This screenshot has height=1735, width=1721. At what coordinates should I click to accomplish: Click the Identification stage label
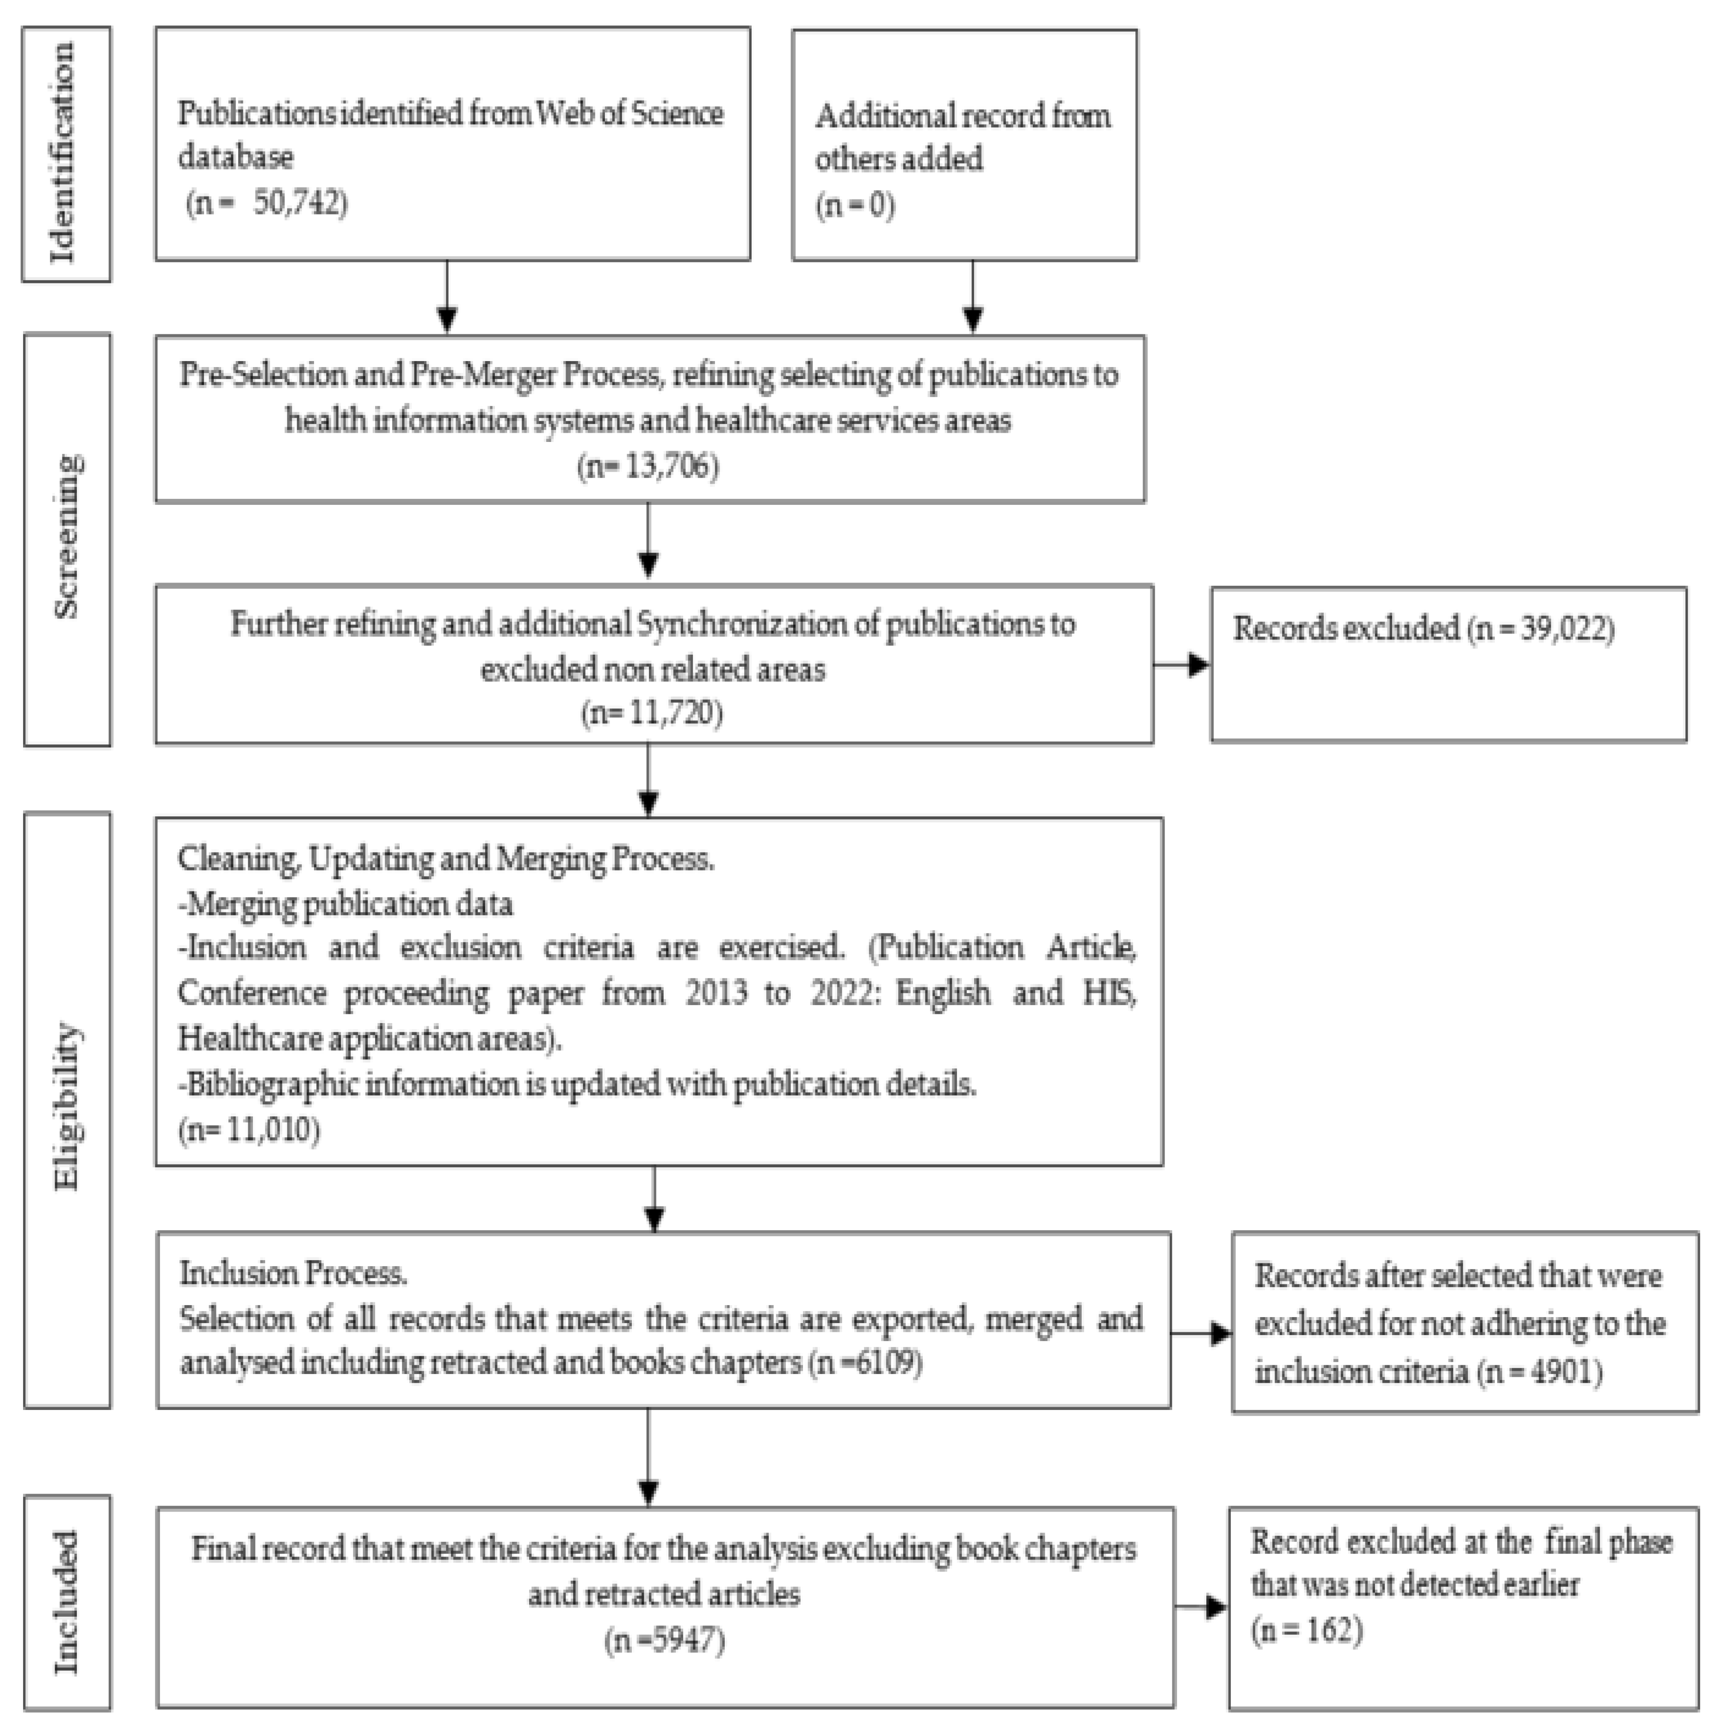coord(65,153)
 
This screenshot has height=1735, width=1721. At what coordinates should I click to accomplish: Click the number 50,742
coord(296,203)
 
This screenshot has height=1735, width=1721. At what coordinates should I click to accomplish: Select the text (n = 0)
coord(855,206)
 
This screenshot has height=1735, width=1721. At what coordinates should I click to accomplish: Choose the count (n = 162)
coord(1307,1630)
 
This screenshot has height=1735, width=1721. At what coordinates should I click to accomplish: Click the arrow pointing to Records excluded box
coord(1182,665)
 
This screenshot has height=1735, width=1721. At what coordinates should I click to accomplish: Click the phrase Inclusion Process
coord(293,1274)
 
